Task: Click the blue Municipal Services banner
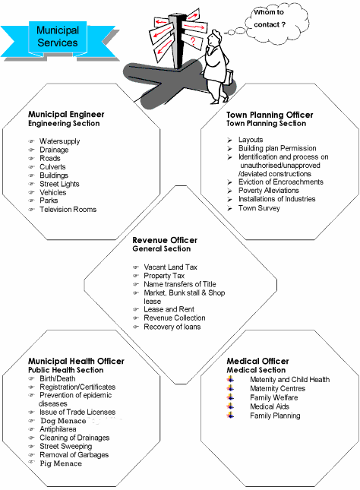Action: click(58, 36)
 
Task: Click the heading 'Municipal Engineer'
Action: click(66, 115)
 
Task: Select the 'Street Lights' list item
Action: click(59, 184)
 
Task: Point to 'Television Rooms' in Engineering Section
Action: click(68, 209)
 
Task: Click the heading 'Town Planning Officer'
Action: click(270, 115)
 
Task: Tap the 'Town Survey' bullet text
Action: click(259, 207)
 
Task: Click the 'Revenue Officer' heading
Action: click(165, 240)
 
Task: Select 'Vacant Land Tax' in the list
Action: click(170, 267)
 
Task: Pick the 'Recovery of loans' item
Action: click(173, 326)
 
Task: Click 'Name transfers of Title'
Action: click(179, 284)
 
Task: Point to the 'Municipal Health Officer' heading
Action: click(76, 361)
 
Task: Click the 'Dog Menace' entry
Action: click(63, 420)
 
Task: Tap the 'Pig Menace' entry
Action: click(61, 463)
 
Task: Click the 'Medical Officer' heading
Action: click(257, 361)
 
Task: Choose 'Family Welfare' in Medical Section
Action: click(275, 397)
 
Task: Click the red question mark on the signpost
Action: click(194, 41)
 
